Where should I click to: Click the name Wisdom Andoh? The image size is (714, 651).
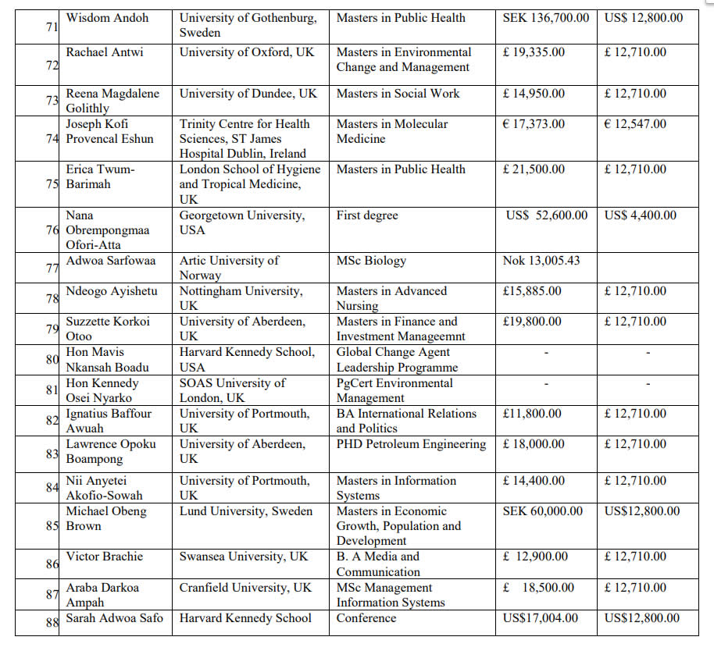click(x=107, y=18)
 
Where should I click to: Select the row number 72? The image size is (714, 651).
click(x=52, y=65)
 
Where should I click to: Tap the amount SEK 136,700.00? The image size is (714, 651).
click(x=546, y=18)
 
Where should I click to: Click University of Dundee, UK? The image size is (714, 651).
click(x=248, y=94)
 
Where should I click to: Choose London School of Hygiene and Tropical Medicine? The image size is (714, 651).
click(x=250, y=184)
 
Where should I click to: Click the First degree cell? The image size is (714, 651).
click(x=367, y=215)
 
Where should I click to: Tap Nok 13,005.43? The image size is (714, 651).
click(x=541, y=261)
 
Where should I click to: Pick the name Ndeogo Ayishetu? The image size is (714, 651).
click(x=112, y=291)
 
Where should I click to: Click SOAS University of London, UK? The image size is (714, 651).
click(x=233, y=390)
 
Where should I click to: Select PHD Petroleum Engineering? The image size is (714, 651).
click(x=411, y=444)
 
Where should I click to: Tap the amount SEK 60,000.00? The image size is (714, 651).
click(x=543, y=511)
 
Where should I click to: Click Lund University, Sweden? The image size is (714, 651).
click(x=246, y=511)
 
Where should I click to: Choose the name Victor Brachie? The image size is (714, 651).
click(x=105, y=557)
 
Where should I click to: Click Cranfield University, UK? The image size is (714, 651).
click(x=245, y=588)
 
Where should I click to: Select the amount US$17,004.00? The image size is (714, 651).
click(x=541, y=618)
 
